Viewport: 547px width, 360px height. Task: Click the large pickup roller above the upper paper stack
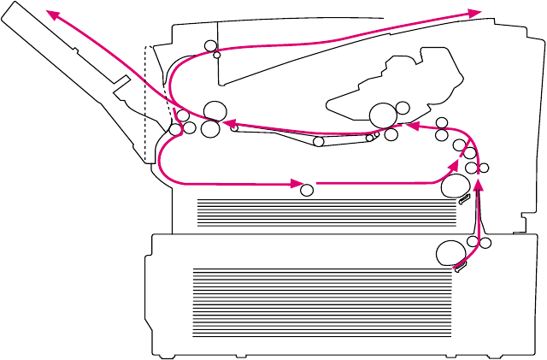pyautogui.click(x=456, y=184)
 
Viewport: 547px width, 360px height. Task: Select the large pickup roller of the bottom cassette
pyautogui.click(x=450, y=253)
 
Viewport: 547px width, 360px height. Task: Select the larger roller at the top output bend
pyautogui.click(x=210, y=45)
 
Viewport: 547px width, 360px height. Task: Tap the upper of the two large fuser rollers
pyautogui.click(x=215, y=110)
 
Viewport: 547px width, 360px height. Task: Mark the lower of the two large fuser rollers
pyautogui.click(x=209, y=129)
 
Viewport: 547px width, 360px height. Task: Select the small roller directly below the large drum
pyautogui.click(x=391, y=133)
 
